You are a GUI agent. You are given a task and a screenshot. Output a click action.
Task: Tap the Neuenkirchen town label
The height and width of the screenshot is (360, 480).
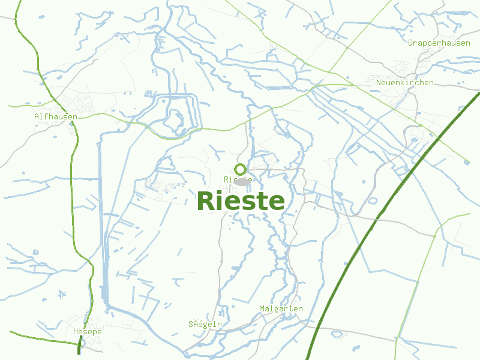pos(404,82)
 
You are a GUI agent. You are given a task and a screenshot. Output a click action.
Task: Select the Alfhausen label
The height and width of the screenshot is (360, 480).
pos(56,116)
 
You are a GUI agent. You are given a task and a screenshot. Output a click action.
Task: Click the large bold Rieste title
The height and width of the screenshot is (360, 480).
pos(241,201)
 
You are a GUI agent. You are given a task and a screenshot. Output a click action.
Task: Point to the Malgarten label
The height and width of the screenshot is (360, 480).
pos(281,308)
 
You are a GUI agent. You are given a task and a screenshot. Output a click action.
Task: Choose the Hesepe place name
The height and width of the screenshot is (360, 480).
pos(87,331)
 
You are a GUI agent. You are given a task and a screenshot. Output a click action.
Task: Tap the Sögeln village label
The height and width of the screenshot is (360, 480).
pos(205,324)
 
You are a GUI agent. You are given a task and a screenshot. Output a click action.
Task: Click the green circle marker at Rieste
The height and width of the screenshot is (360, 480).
pos(241,169)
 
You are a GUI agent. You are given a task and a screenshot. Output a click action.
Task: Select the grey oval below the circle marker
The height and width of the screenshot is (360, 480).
pos(242,181)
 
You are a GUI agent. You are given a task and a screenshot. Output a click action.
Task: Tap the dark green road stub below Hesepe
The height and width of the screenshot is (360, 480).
pos(79,346)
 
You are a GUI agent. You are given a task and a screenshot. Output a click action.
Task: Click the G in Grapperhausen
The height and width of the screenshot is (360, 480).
pos(411,43)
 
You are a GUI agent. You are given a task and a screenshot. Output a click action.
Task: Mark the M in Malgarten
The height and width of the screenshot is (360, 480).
pos(262,308)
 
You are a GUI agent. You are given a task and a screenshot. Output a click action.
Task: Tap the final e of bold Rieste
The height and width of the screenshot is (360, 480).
pos(277,202)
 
